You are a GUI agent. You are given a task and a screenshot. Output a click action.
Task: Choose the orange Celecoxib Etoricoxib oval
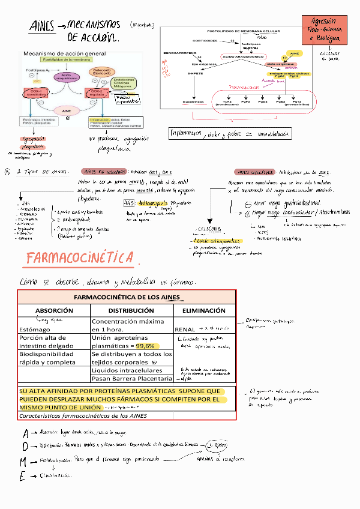[98, 72]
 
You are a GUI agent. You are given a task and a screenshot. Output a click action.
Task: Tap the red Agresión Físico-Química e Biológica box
[324, 29]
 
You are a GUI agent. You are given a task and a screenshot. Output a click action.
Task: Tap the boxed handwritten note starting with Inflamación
[227, 133]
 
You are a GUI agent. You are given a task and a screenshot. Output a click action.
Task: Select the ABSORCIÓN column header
[54, 310]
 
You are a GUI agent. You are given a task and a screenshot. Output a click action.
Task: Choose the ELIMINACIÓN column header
[205, 310]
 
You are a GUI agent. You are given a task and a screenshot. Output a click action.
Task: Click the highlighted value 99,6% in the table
[145, 346]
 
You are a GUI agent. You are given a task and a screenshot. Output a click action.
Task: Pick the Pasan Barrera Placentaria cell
[131, 378]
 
